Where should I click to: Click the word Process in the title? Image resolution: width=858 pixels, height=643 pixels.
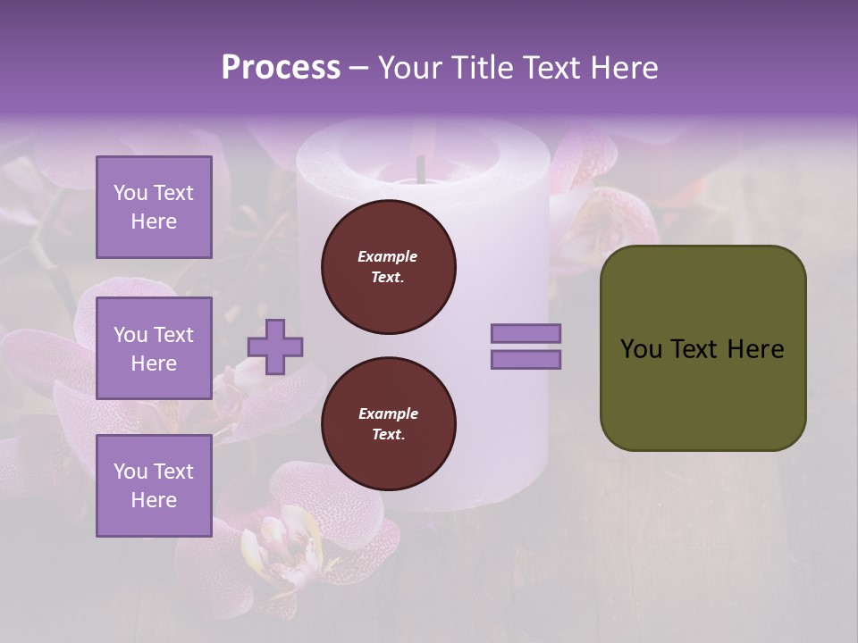click(281, 68)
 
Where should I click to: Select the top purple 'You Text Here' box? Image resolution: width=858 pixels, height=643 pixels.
click(154, 207)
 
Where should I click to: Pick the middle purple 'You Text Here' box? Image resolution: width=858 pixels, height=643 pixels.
click(154, 348)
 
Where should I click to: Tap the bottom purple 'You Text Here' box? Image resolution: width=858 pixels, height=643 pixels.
click(154, 486)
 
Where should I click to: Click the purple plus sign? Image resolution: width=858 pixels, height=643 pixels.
click(275, 347)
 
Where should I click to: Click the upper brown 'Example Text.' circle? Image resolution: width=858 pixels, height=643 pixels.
click(388, 267)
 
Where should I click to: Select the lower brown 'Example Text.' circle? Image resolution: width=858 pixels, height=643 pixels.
click(388, 424)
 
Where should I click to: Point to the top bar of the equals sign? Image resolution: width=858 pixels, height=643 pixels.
click(526, 333)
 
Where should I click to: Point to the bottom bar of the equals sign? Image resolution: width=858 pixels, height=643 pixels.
click(526, 359)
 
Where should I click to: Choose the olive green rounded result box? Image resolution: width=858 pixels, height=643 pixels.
click(702, 348)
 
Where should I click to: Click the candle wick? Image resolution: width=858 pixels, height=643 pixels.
click(419, 167)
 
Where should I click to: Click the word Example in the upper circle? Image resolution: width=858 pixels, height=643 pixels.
click(388, 256)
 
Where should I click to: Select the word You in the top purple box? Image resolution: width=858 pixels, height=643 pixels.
click(130, 193)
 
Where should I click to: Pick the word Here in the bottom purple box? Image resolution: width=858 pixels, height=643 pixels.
click(154, 500)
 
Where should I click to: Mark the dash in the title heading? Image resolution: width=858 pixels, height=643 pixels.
click(359, 69)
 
